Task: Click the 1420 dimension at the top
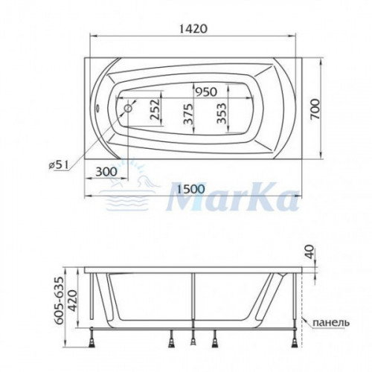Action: click(193, 29)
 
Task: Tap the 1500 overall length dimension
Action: click(191, 189)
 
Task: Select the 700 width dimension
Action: click(315, 109)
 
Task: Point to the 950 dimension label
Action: click(206, 92)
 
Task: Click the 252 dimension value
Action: click(155, 109)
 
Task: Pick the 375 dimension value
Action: click(187, 114)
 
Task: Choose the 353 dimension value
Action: click(222, 113)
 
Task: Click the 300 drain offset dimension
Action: click(106, 171)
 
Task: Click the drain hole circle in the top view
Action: click(129, 109)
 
